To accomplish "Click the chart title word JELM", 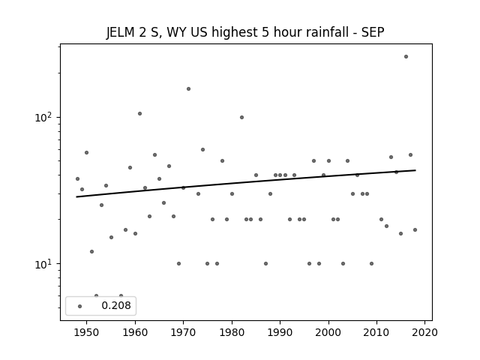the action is point(120,32).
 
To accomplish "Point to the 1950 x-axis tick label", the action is point(87,332).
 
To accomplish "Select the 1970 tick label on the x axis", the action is point(183,332).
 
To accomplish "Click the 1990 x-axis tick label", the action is point(280,332).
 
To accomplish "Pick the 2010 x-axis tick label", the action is point(376,332).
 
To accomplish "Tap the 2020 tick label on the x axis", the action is point(425,332).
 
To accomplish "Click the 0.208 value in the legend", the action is point(116,305).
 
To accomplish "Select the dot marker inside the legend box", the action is point(80,306).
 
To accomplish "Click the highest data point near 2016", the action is point(406,57).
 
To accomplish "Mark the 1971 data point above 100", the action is point(188,88).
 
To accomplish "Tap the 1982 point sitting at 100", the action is point(241,117).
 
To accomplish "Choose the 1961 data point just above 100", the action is point(140,113).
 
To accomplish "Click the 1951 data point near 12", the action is point(91,252).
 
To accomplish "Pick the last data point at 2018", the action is point(415,230).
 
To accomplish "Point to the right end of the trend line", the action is point(415,170).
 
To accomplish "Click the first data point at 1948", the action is point(77,178).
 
